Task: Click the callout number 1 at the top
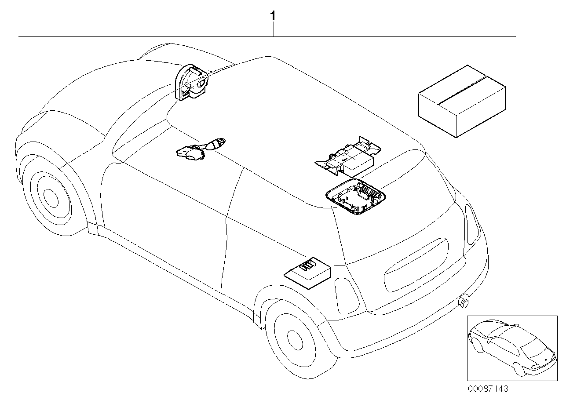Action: pos(273,16)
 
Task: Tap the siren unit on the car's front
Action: pos(192,82)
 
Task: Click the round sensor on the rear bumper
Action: pos(464,302)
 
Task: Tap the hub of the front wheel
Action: pos(51,197)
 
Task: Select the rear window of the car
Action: pos(416,264)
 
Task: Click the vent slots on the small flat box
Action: pos(308,265)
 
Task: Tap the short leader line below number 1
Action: pos(274,29)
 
